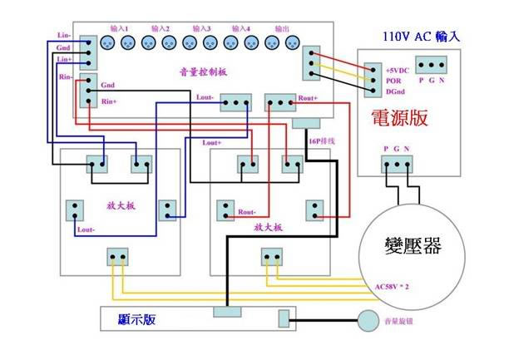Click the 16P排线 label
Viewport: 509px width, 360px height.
[321, 141]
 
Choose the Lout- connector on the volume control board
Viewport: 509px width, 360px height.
[235, 102]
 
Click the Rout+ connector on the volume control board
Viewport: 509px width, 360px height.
[279, 102]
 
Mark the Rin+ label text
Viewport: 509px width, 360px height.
[109, 101]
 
